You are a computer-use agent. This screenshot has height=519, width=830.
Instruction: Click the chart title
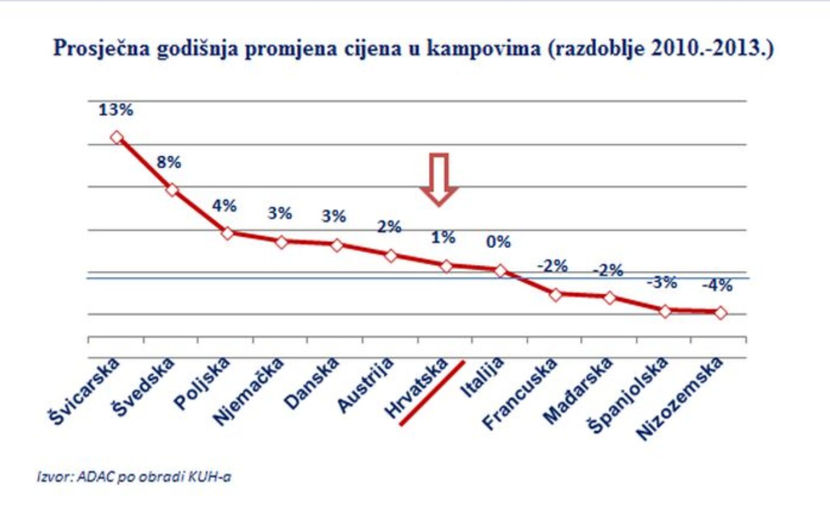coord(413,49)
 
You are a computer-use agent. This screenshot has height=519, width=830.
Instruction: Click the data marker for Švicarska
coord(117,138)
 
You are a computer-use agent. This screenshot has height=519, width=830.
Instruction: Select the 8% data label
coord(169,162)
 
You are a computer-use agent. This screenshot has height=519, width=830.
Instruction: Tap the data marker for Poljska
coord(227,233)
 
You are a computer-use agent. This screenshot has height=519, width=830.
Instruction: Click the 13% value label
coord(116,110)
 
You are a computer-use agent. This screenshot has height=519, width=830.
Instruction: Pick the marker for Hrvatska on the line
coord(446,266)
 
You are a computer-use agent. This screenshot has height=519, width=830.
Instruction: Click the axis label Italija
coord(482,377)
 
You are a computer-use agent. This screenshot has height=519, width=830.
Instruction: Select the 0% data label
coord(498,242)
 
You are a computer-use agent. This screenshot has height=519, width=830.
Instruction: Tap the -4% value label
coord(717,285)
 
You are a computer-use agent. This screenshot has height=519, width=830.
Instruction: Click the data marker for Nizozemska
coord(720,312)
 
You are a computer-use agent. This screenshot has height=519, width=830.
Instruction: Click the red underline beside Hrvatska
coord(432,393)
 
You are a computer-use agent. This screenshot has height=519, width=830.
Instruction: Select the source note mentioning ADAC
coord(134,476)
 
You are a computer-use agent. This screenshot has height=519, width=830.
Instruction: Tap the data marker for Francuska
coord(556,295)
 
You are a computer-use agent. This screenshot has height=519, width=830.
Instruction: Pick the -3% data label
coord(661,283)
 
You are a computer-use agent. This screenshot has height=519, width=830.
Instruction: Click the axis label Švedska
coord(144,387)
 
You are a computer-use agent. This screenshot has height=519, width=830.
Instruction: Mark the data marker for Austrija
coord(391,255)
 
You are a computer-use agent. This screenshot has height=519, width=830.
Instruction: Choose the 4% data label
coord(224,206)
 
